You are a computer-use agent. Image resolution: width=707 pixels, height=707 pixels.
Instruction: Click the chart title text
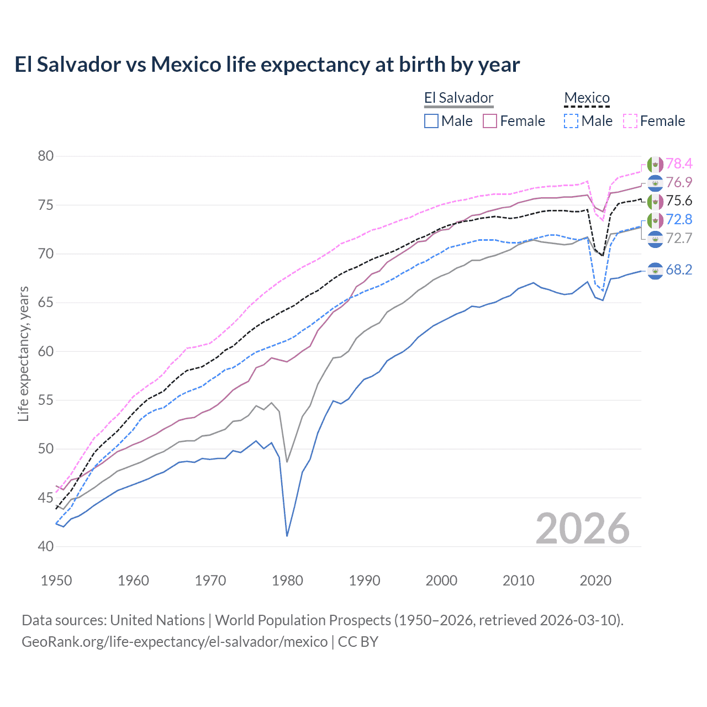(267, 65)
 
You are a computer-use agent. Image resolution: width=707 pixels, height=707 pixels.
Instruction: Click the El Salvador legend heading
(458, 98)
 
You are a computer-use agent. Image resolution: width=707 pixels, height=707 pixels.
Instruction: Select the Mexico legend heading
(587, 98)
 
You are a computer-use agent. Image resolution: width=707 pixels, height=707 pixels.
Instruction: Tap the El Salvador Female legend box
(490, 121)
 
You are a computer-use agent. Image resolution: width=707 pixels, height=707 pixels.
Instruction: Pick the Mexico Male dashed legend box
(571, 121)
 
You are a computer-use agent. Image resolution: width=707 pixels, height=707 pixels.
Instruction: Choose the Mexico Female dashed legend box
(630, 121)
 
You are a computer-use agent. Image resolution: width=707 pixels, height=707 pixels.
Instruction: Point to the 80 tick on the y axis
(46, 156)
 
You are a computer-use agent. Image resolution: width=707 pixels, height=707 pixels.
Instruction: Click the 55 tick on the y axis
(46, 400)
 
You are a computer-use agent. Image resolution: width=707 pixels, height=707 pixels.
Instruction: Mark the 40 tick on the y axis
(46, 547)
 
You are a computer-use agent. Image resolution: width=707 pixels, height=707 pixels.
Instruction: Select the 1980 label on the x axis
(287, 581)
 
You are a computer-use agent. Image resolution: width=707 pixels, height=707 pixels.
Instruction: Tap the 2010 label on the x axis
(518, 581)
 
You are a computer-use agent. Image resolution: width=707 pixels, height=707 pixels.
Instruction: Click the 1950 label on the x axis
(56, 581)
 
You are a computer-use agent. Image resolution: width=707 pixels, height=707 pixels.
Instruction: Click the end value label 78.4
(679, 164)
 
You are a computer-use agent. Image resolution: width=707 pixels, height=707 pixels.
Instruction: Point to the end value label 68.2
(679, 270)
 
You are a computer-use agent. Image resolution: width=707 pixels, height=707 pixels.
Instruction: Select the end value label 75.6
(679, 201)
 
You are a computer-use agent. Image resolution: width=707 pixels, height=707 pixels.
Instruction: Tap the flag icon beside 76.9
(655, 183)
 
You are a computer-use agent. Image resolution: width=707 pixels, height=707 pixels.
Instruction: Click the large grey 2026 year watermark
(582, 529)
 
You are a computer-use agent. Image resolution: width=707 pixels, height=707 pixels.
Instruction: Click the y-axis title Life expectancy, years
(24, 353)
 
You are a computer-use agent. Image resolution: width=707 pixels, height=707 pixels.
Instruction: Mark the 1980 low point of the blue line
(287, 535)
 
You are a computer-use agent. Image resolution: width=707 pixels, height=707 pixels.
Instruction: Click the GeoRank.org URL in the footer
(175, 642)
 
